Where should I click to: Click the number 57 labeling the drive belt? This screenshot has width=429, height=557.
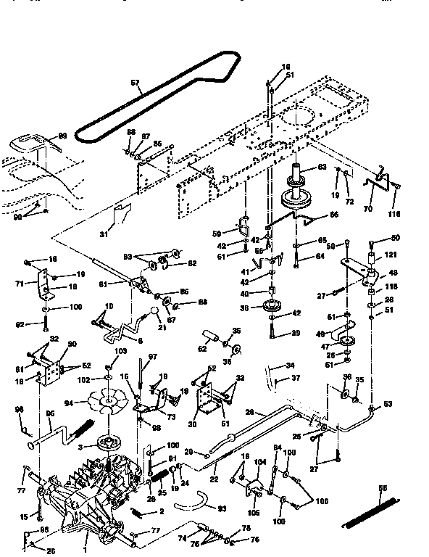tap(135, 83)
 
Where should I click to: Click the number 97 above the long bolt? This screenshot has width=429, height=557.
tap(153, 357)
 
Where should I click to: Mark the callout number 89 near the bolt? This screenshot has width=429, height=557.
tap(275, 334)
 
